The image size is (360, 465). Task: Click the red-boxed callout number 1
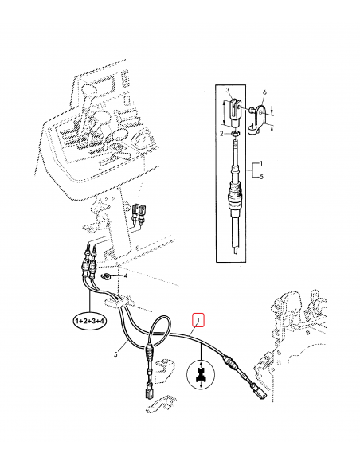pyautogui.click(x=198, y=320)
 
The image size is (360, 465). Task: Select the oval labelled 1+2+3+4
pyautogui.click(x=90, y=321)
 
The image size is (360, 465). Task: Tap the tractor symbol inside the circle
pyautogui.click(x=201, y=375)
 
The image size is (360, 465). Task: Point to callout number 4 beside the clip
pyautogui.click(x=125, y=276)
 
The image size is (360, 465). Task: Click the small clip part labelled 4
pyautogui.click(x=106, y=276)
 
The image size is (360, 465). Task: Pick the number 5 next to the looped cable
pyautogui.click(x=115, y=354)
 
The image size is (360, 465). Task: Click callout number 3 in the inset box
pyautogui.click(x=228, y=90)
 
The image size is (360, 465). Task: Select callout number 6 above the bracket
pyautogui.click(x=264, y=92)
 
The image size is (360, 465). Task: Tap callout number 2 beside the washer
pyautogui.click(x=221, y=134)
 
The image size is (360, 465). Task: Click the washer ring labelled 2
pyautogui.click(x=235, y=134)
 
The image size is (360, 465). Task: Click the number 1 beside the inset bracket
pyautogui.click(x=261, y=163)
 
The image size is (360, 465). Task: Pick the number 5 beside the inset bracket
pyautogui.click(x=261, y=177)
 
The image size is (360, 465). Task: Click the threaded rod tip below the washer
pyautogui.click(x=235, y=146)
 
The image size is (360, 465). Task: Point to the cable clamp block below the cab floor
pyautogui.click(x=118, y=301)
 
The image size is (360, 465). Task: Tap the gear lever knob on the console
pyautogui.click(x=88, y=91)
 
